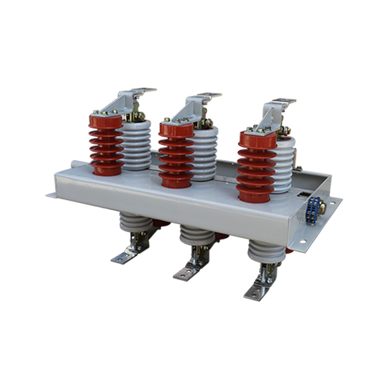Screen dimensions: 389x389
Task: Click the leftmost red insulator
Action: click(x=105, y=148)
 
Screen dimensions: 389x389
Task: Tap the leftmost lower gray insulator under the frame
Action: click(x=136, y=225)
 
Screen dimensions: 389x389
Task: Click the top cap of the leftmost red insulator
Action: click(x=105, y=121)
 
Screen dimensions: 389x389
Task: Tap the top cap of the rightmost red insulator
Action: click(x=256, y=139)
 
